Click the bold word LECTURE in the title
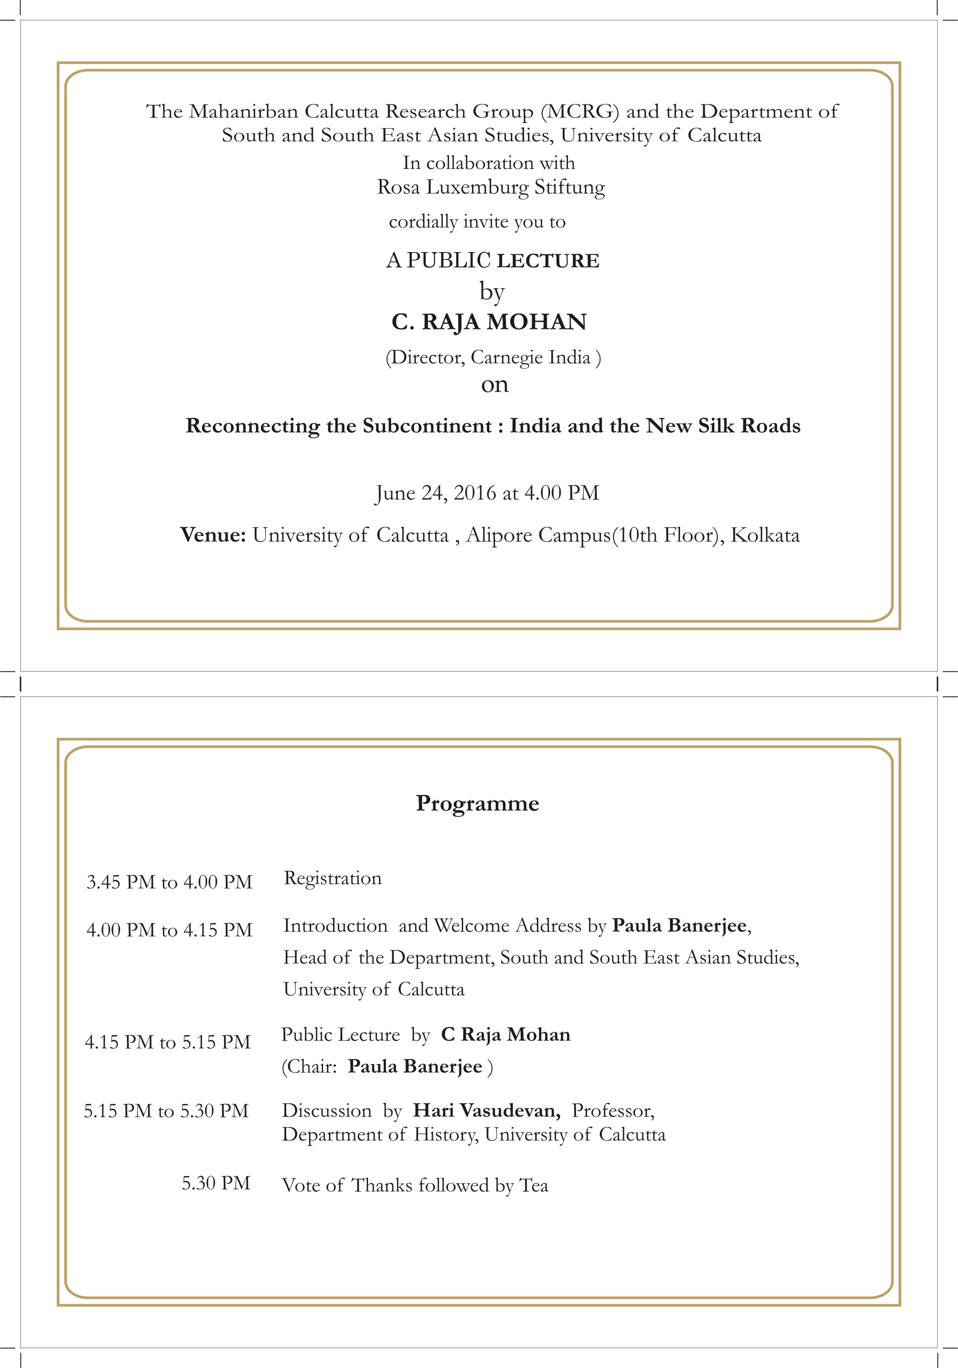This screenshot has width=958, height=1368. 548,261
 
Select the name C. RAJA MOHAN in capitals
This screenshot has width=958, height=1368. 489,322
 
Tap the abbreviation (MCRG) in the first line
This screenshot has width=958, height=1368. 580,112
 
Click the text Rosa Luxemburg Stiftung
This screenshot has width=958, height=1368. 491,187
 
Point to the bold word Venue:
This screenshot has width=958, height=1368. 213,535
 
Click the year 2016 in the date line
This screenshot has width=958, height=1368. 474,493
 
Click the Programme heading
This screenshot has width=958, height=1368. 477,803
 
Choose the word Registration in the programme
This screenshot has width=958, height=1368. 332,878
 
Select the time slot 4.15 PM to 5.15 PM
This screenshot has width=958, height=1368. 167,1042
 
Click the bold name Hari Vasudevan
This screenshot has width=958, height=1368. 486,1111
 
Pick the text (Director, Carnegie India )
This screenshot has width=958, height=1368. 493,357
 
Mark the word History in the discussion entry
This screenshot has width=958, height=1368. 445,1135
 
